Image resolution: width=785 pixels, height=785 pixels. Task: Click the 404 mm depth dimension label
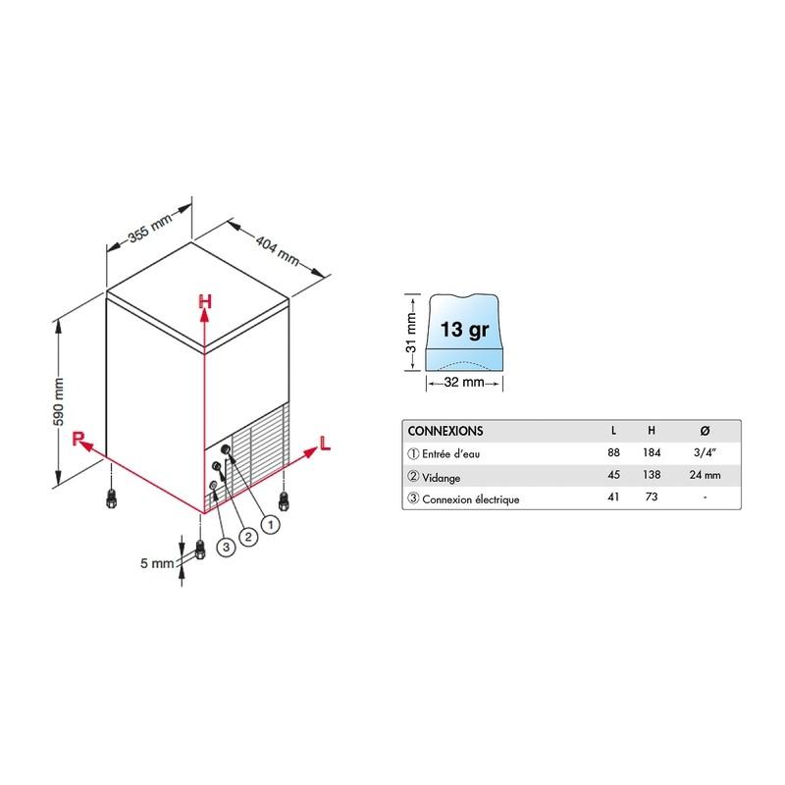pos(277,250)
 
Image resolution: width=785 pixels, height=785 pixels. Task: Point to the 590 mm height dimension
pos(59,402)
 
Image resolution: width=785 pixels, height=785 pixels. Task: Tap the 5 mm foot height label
pos(157,563)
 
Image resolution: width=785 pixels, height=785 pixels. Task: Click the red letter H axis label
pos(205,301)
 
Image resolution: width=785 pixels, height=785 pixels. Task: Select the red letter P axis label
pos(78,439)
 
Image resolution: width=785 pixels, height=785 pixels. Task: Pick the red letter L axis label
pos(325,444)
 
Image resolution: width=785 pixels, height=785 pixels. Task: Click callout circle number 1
pos(271,525)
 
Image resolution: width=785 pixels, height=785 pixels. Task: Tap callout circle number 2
pos(248,537)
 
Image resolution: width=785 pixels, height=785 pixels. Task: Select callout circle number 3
pos(226,547)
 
